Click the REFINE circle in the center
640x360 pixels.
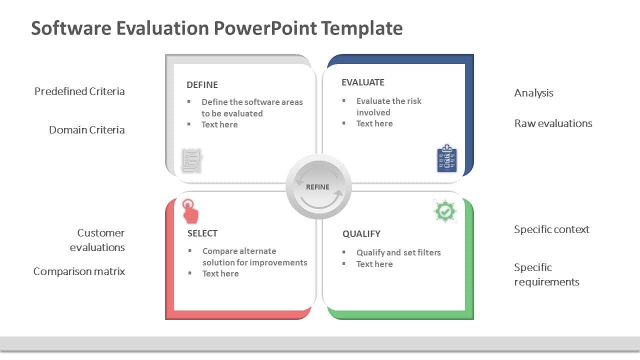(x=318, y=187)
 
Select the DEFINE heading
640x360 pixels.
(x=202, y=85)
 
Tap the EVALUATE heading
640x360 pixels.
(x=362, y=82)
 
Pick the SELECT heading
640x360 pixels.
(x=202, y=233)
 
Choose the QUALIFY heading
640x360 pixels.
(x=361, y=234)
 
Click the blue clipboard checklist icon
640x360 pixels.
(x=446, y=159)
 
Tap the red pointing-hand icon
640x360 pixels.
(x=190, y=211)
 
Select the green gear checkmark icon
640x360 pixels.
(x=444, y=211)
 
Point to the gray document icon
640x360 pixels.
(x=191, y=160)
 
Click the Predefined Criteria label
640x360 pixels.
(x=79, y=91)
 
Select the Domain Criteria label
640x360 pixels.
(x=86, y=130)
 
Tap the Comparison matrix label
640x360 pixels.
(x=79, y=271)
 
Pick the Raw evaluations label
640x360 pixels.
(x=553, y=123)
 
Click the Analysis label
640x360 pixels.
(x=533, y=93)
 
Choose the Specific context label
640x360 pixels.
(x=551, y=229)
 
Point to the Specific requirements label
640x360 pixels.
(x=546, y=274)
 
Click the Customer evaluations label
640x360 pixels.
(x=97, y=240)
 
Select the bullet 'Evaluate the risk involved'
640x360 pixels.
(x=388, y=106)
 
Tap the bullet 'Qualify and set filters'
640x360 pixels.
(x=398, y=252)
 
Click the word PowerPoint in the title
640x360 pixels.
(x=265, y=28)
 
